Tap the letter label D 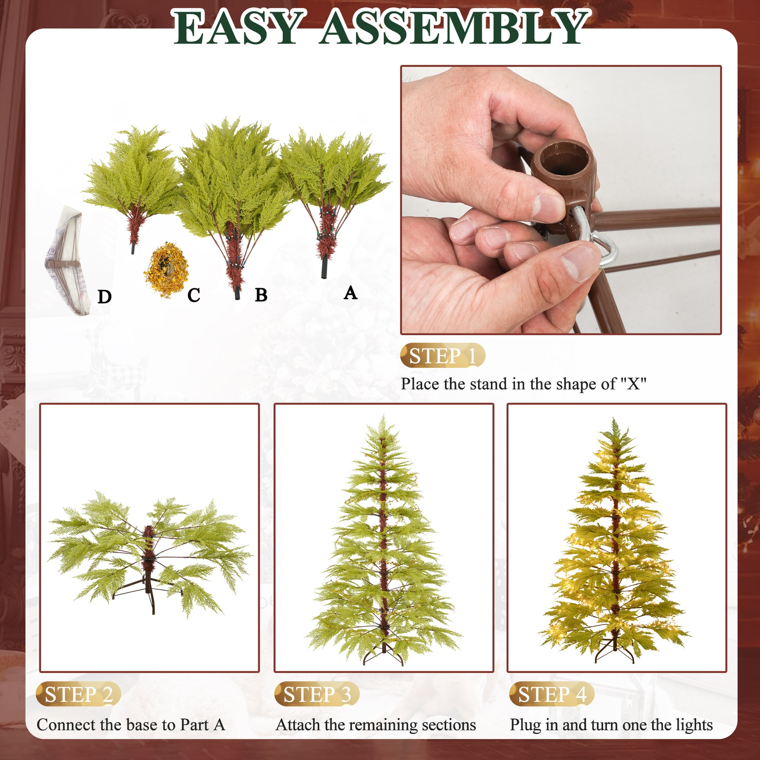[104, 297]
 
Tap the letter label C [194, 295]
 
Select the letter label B [261, 295]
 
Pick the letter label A [350, 293]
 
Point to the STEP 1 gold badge [442, 356]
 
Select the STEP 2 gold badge [78, 694]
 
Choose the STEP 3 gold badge [317, 694]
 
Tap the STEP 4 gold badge [551, 694]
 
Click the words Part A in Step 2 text [203, 725]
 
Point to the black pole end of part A [324, 268]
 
